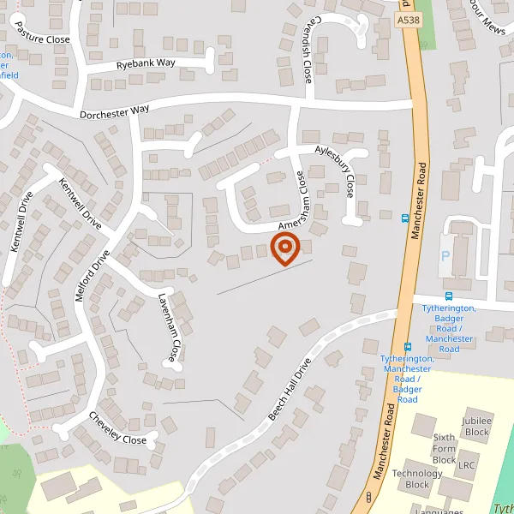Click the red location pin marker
[284, 249]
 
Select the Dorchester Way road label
[114, 111]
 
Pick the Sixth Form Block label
[444, 448]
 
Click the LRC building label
[466, 466]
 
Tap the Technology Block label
[417, 479]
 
